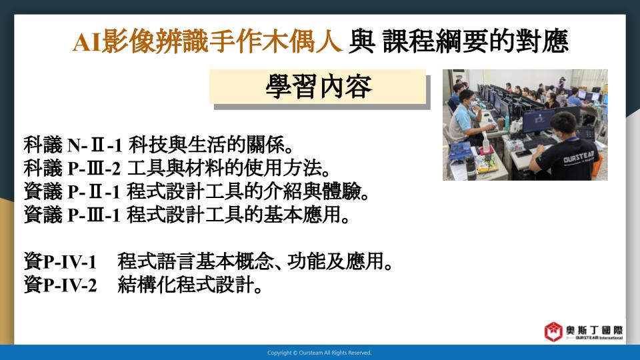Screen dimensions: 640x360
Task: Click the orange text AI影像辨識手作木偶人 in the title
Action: pos(207,41)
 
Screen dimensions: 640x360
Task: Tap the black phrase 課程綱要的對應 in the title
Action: pos(475,41)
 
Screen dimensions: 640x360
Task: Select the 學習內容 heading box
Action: pos(318,87)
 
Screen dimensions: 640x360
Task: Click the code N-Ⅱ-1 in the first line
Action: pos(95,145)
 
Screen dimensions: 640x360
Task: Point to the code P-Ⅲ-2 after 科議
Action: pos(94,168)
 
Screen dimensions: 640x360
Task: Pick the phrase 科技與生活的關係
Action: pos(211,145)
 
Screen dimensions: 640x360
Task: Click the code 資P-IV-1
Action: pos(60,261)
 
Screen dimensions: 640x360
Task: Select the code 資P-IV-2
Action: pos(60,285)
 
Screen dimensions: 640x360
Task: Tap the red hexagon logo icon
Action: pos(553,331)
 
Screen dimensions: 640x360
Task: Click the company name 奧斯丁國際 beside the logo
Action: pos(594,330)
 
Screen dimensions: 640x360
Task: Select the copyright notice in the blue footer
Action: pos(319,353)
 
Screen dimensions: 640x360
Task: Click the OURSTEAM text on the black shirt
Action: pos(579,156)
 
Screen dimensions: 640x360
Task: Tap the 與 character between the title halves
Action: pos(361,41)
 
